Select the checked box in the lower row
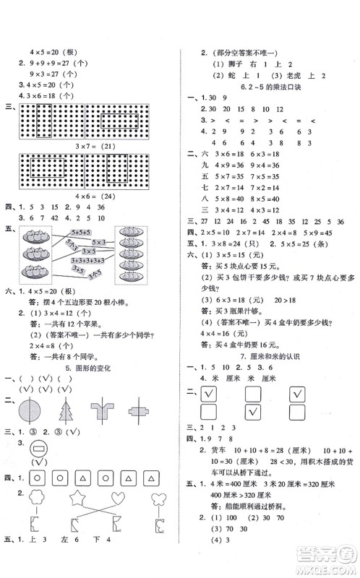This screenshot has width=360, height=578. [x=254, y=412]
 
